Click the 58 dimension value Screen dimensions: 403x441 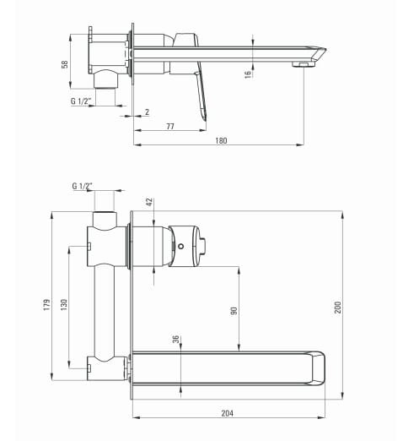pos(65,64)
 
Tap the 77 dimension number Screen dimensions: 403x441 pos(170,126)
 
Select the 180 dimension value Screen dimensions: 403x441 pos(221,140)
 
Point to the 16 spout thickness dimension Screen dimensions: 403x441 pos(248,74)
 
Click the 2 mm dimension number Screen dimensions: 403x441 pos(147,112)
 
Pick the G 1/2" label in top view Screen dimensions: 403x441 pos(81,101)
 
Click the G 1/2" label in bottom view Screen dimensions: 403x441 pos(83,186)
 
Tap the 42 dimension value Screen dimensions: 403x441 pos(149,202)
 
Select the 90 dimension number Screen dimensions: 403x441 pos(234,311)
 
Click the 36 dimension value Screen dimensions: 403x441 pos(175,340)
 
